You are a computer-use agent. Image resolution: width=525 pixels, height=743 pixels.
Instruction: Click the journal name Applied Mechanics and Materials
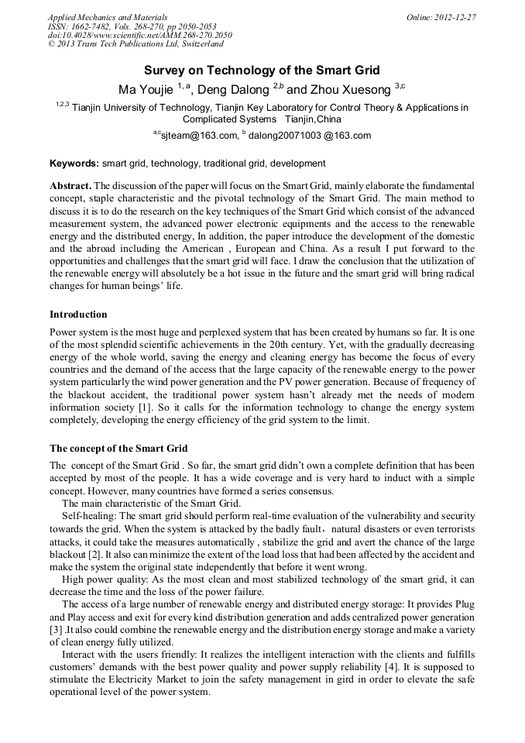[x=108, y=16]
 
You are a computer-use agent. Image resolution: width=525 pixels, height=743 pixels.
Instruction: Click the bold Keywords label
[x=74, y=163]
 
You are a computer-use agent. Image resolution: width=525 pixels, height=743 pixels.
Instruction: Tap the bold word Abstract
[x=70, y=187]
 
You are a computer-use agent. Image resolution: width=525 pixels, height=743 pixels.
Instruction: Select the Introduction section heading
[x=78, y=315]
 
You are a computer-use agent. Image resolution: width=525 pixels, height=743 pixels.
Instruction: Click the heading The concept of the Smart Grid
[x=118, y=449]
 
